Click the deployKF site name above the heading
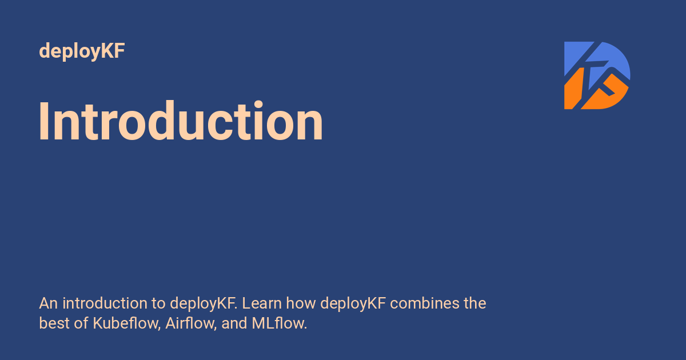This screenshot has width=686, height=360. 82,51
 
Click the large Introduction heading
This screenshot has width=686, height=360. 181,122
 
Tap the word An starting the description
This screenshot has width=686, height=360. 48,303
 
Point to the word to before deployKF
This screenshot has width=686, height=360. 158,303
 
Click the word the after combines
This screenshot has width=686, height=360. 474,303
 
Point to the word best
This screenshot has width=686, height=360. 54,323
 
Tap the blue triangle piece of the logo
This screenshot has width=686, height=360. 574,56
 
